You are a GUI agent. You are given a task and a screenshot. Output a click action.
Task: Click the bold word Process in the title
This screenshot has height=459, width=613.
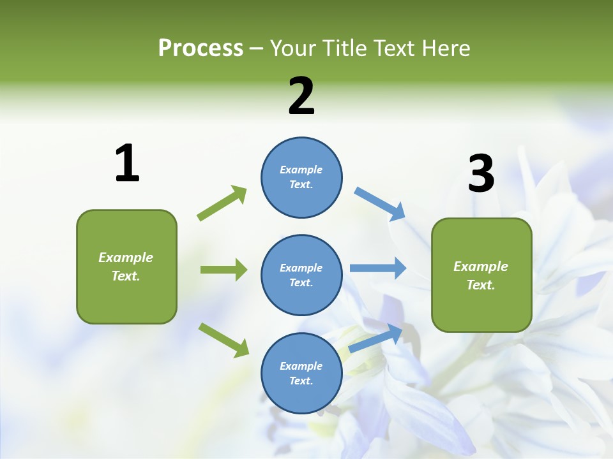pos(201,48)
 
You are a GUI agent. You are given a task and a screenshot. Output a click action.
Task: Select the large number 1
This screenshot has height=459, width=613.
pos(127,164)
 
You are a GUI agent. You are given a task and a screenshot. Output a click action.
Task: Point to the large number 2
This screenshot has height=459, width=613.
pos(301,96)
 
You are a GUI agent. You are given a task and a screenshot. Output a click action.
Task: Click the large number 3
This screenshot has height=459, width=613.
pos(481,174)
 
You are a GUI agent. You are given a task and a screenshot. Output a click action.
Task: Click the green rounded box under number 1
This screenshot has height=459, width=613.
pos(126,266)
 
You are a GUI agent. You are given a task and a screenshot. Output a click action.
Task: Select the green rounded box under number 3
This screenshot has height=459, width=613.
pos(481,275)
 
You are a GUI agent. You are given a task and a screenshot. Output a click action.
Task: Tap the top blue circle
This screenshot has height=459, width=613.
pos(301,177)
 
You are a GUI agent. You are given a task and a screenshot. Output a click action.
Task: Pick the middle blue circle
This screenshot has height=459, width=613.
pos(301,275)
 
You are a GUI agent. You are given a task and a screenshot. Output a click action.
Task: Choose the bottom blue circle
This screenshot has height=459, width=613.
pos(301,373)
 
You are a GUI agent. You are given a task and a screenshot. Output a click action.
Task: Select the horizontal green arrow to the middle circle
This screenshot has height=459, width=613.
pos(223,270)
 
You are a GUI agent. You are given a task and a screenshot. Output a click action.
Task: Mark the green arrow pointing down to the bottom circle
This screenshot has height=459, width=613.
pos(223,340)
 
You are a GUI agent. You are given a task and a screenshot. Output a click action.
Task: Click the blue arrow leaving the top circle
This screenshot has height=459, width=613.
pos(380,204)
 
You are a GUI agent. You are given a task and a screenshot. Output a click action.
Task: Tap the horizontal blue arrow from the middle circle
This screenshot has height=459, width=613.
pos(378,268)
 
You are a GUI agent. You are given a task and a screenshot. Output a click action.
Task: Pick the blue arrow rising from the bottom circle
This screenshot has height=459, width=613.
pos(376,338)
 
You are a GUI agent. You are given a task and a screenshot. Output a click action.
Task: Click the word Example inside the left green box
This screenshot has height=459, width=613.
pos(126,258)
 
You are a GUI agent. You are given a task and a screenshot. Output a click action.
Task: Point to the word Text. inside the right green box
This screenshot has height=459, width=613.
pos(481,285)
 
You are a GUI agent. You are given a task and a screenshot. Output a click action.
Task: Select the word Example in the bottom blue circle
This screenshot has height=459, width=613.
pos(301,366)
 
